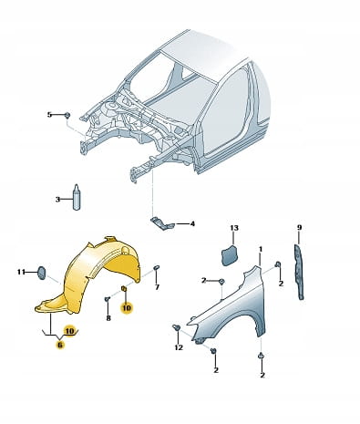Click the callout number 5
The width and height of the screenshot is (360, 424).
tap(49, 115)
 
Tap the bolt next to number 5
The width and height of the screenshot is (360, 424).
tap(67, 115)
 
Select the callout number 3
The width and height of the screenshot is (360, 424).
tap(57, 200)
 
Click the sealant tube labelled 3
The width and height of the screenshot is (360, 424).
tap(77, 197)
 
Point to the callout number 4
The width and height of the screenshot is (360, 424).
tap(192, 224)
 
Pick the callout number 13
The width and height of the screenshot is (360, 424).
tap(234, 228)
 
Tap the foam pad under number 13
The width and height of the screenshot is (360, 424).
tap(230, 255)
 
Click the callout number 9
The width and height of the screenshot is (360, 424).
tap(299, 227)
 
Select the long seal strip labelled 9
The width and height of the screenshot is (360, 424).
tap(299, 272)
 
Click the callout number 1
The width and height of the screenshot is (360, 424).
tap(261, 249)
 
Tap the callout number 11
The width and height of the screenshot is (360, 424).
tap(21, 272)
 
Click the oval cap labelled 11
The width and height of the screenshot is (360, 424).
tap(41, 273)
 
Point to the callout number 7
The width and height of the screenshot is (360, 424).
tap(157, 286)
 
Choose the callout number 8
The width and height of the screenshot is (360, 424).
tap(108, 318)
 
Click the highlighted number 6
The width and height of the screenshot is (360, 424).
tap(60, 345)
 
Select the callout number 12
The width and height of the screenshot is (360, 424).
tap(179, 347)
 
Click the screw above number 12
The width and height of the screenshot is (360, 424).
tap(176, 327)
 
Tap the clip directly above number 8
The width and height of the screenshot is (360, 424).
tap(107, 299)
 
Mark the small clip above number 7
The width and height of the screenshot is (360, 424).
tap(157, 267)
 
